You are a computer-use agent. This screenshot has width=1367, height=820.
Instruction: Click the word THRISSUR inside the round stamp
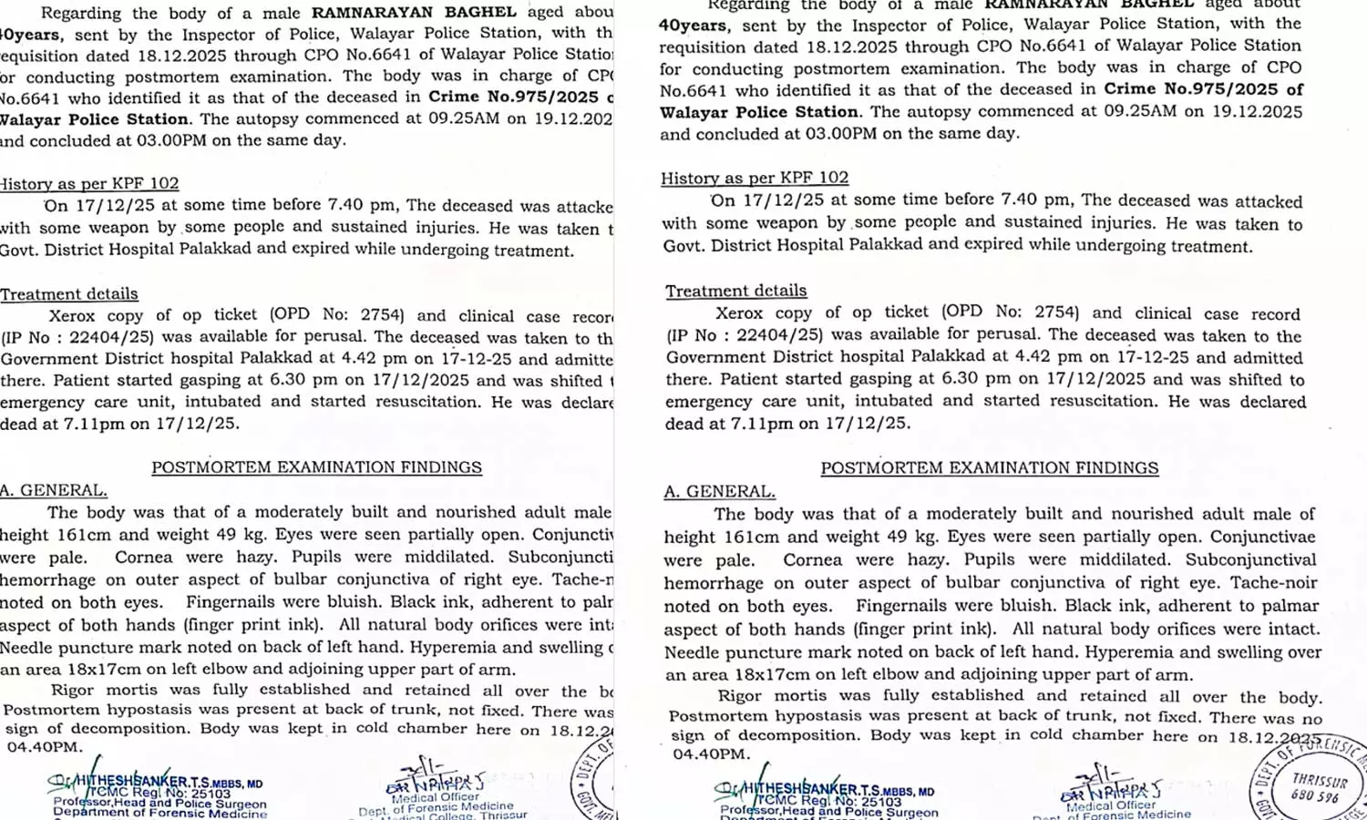pos(1319,781)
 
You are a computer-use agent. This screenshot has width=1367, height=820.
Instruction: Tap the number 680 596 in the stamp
pos(1316,796)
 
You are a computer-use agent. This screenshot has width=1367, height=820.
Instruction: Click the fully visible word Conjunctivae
pos(1263,537)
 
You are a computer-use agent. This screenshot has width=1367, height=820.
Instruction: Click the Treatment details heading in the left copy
pos(69,294)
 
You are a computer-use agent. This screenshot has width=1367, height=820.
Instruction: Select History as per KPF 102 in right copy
pos(755,179)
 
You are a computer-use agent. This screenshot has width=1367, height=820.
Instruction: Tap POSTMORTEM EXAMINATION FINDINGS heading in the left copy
pos(316,467)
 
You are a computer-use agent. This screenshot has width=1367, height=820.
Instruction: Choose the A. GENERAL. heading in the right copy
pos(719,491)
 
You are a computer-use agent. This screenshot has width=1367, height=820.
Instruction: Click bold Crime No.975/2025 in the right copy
pos(1190,89)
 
